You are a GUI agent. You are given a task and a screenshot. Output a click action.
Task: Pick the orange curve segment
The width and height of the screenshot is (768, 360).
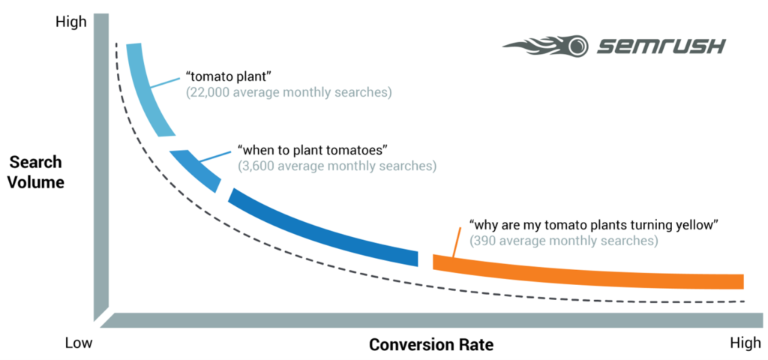(585, 271)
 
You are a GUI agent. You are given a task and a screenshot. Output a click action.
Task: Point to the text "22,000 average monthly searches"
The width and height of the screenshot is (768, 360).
(289, 93)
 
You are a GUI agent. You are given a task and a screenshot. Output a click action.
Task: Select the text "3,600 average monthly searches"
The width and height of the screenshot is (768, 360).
(337, 165)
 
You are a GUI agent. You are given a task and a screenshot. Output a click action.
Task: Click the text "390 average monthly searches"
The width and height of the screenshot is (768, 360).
(563, 241)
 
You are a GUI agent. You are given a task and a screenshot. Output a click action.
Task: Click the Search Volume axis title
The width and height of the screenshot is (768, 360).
(36, 172)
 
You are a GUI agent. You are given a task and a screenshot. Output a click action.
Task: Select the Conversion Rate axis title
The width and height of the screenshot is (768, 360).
(430, 345)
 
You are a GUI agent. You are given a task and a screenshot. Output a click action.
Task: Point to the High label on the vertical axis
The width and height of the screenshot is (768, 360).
(71, 22)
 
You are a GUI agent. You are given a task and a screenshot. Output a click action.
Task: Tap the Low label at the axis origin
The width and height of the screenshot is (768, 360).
(78, 344)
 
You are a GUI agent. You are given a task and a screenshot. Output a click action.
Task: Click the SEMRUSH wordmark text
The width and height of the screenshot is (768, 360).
(661, 46)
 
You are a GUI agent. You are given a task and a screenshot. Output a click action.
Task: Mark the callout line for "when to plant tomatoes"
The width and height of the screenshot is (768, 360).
(216, 156)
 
